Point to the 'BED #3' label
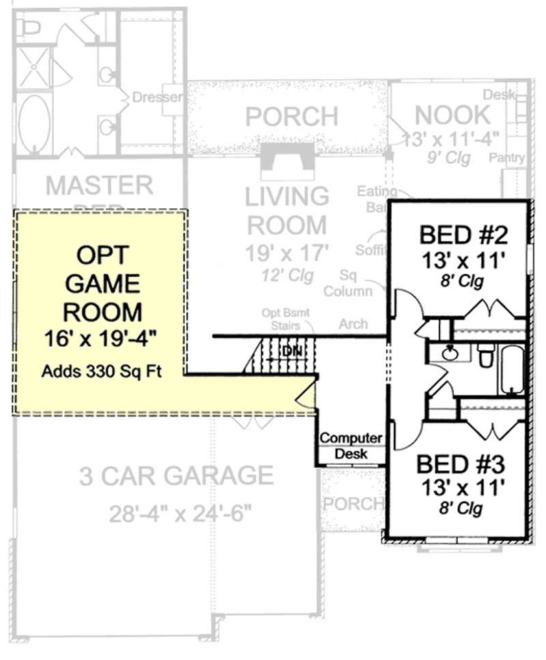460,465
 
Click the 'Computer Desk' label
351,445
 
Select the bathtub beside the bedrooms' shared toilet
512,369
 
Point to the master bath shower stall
32,68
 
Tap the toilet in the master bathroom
29,27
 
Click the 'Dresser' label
157,97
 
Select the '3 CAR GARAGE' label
176,476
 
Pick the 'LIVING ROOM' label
287,210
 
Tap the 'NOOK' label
452,114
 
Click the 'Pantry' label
508,158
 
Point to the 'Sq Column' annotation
356,283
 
